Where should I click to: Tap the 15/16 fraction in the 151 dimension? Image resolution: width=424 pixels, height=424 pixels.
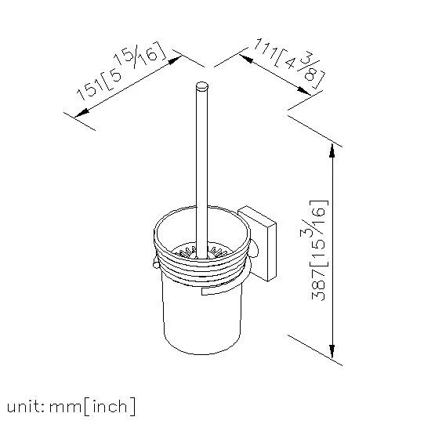[139, 56]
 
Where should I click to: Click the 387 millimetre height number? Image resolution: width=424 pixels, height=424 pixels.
[318, 284]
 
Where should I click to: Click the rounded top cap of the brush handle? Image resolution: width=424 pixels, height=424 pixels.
[201, 86]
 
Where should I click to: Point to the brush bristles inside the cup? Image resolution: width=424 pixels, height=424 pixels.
[201, 253]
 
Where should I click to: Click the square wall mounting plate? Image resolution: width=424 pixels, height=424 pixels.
[257, 244]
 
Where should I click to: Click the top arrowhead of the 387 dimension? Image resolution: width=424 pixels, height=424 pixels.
[332, 151]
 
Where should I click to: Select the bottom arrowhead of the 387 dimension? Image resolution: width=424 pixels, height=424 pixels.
[332, 352]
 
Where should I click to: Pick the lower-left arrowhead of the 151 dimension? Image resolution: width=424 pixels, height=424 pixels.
[82, 114]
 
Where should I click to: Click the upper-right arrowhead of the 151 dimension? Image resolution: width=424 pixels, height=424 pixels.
[175, 60]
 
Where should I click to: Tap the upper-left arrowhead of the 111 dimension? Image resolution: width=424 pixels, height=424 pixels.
[246, 58]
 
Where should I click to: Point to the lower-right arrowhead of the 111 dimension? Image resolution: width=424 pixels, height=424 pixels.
[304, 91]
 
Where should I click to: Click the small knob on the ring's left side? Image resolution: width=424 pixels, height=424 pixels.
[156, 263]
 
